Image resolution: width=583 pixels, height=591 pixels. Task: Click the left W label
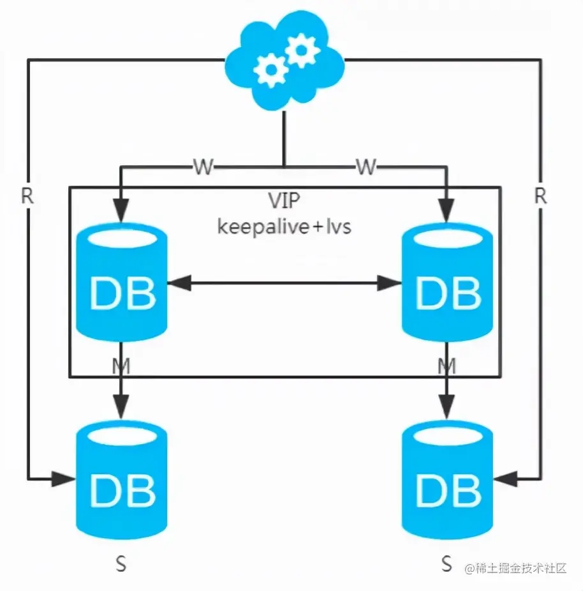click(x=203, y=168)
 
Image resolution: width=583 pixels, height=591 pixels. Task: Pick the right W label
click(x=365, y=168)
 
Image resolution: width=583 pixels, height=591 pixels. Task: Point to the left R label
click(x=27, y=197)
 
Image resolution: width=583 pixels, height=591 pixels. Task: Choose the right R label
click(x=540, y=197)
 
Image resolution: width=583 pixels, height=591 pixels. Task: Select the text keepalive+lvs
click(x=284, y=226)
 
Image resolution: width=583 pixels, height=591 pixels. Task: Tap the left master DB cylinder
click(x=121, y=284)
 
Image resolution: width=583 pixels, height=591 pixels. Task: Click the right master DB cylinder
click(x=447, y=284)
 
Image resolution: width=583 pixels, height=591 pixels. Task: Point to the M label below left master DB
click(x=121, y=366)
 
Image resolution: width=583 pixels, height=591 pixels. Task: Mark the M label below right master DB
click(x=447, y=366)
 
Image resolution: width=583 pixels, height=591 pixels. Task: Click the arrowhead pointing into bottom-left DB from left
click(x=64, y=478)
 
